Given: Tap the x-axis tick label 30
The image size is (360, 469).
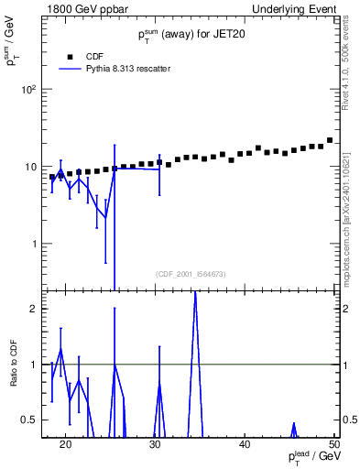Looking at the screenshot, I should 155,444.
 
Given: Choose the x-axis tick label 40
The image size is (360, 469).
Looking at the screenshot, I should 245,444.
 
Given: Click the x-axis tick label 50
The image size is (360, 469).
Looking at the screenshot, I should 333,444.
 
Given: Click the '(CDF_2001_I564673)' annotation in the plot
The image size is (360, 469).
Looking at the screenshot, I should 191,274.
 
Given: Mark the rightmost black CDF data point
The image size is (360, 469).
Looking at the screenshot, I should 330,140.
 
